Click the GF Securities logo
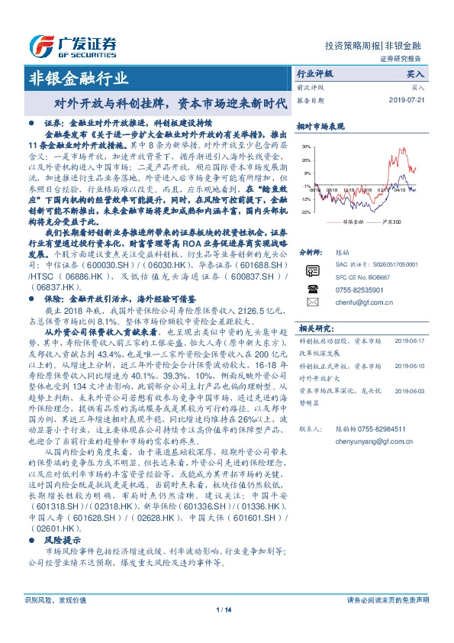point(72,44)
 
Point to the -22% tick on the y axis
point(305,212)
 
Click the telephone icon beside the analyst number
point(311,289)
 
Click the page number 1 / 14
point(224,609)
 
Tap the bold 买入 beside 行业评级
point(415,75)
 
